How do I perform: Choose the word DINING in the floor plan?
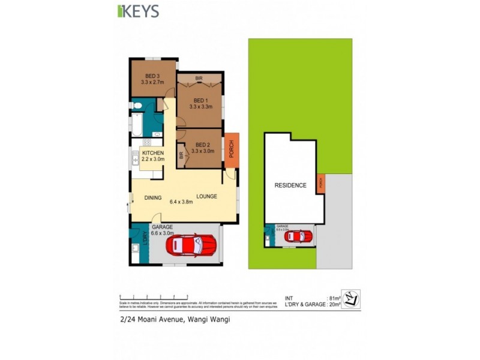[153, 197]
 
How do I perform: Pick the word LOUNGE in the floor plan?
[206, 196]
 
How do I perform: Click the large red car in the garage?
[191, 244]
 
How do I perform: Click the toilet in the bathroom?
[137, 106]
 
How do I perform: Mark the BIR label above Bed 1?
[199, 79]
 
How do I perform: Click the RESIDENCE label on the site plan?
[290, 185]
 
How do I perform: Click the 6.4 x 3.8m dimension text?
[181, 202]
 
